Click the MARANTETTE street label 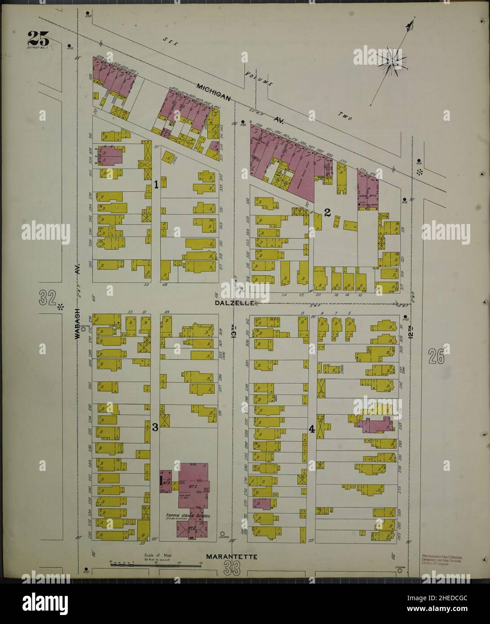[x=231, y=557]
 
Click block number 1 [x=156, y=184]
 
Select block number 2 [x=327, y=213]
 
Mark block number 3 [x=155, y=427]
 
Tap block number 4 [x=312, y=429]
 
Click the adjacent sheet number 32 [x=48, y=297]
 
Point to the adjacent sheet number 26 [x=436, y=357]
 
